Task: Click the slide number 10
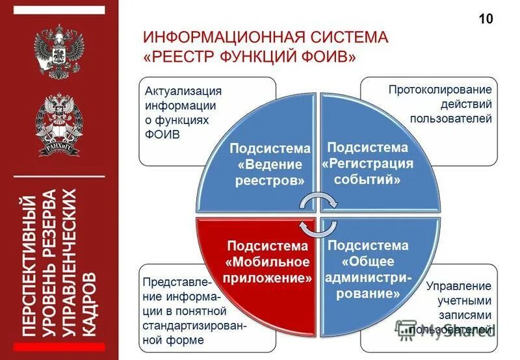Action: pos(486,18)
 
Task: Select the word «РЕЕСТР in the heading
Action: pos(179,57)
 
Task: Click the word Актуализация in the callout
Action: pos(183,90)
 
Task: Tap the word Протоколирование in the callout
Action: pos(440,89)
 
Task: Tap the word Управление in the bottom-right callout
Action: pos(459,285)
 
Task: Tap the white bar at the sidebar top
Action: pos(58,10)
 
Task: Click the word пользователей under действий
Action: pos(450,119)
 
